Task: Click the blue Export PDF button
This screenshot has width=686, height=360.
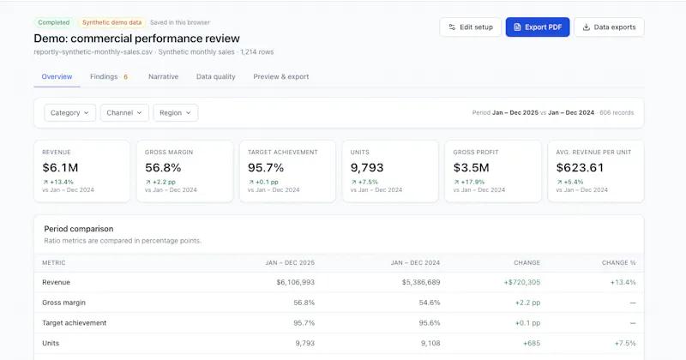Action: click(x=538, y=27)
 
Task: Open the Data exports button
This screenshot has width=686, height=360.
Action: click(x=609, y=27)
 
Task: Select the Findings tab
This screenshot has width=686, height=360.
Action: click(x=109, y=76)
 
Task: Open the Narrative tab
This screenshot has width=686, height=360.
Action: click(x=163, y=76)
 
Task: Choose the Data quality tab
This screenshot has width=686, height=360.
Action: click(x=216, y=76)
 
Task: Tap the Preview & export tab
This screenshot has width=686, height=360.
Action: click(x=281, y=76)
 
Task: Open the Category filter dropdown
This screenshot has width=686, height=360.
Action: click(x=69, y=113)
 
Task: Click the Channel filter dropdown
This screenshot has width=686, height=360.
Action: click(x=124, y=113)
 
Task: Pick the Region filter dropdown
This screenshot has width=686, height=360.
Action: click(x=175, y=113)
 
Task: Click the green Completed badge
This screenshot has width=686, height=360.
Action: click(x=54, y=22)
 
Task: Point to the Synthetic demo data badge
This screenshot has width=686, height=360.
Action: click(x=112, y=22)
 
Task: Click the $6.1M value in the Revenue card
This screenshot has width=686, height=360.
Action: click(x=60, y=167)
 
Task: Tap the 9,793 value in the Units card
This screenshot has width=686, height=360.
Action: click(x=367, y=167)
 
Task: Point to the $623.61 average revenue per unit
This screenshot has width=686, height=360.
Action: click(x=580, y=167)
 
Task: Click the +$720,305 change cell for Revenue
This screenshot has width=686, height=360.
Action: click(x=522, y=282)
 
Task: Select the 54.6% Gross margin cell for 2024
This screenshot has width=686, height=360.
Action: click(x=430, y=303)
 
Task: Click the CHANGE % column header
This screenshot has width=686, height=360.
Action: click(x=618, y=263)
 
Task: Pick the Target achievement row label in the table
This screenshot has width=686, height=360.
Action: click(x=74, y=323)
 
